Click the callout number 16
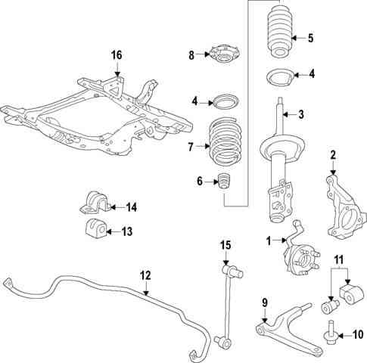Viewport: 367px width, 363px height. pyautogui.click(x=117, y=55)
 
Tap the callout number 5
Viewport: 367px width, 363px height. pyautogui.click(x=310, y=39)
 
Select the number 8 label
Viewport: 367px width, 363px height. pyautogui.click(x=191, y=55)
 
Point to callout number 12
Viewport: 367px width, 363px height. pyautogui.click(x=145, y=275)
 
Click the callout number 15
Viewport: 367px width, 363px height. pyautogui.click(x=225, y=245)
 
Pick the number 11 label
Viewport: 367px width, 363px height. pyautogui.click(x=339, y=259)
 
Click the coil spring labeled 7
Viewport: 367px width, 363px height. pyautogui.click(x=225, y=142)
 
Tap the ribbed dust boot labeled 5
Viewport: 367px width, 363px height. pyautogui.click(x=280, y=30)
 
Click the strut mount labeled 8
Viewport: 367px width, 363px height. pyautogui.click(x=223, y=54)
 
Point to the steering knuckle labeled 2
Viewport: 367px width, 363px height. pyautogui.click(x=345, y=207)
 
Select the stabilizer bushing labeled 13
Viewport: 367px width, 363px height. pyautogui.click(x=95, y=228)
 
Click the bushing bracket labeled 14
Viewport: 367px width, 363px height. pyautogui.click(x=95, y=203)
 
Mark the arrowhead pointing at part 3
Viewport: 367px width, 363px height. pyautogui.click(x=285, y=115)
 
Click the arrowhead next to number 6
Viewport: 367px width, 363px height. pyautogui.click(x=216, y=181)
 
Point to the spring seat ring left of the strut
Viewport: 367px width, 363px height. pyautogui.click(x=226, y=101)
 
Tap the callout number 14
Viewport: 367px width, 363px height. pyautogui.click(x=131, y=207)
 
